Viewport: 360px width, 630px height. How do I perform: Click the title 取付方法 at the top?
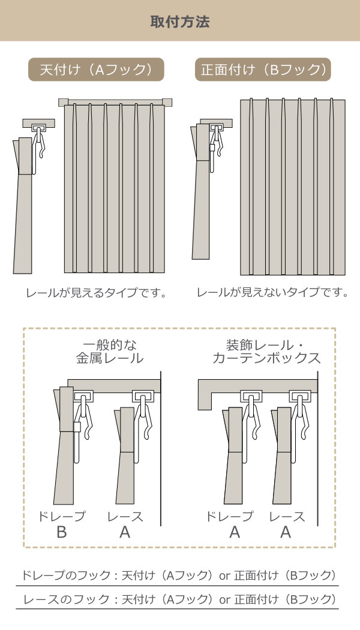click(179, 22)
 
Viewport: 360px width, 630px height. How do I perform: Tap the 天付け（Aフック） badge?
click(97, 70)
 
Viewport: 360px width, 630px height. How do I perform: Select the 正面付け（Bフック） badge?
click(263, 70)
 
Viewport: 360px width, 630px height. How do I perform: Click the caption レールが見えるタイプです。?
click(95, 293)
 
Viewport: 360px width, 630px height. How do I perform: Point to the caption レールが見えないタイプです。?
click(272, 293)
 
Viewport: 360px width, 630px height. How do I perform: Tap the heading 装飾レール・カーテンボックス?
click(266, 352)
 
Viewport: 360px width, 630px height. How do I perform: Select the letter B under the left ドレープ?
click(61, 532)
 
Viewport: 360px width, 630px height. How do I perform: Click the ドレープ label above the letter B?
click(62, 517)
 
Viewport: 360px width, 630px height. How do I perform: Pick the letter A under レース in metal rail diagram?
click(125, 532)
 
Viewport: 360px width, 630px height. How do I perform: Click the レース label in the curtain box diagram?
click(287, 517)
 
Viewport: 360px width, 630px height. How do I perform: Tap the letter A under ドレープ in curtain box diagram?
click(235, 532)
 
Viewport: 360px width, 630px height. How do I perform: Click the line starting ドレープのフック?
click(177, 575)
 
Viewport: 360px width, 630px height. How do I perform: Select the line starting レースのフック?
click(177, 599)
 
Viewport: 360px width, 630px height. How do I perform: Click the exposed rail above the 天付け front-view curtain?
click(115, 102)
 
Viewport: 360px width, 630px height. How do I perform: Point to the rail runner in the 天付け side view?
click(39, 128)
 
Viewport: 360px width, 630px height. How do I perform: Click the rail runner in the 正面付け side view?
click(216, 128)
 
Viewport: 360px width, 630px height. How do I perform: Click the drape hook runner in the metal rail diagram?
click(83, 397)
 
